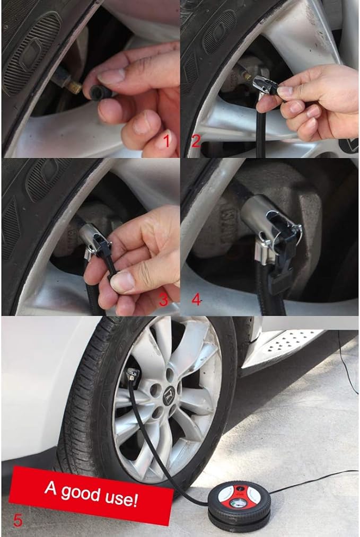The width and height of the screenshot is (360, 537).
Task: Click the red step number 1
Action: [167, 141]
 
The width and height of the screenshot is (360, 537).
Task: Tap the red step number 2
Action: [196, 141]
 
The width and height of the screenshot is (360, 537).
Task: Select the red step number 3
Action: [164, 300]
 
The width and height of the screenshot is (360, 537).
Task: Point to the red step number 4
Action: [196, 300]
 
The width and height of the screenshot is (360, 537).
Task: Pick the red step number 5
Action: [17, 520]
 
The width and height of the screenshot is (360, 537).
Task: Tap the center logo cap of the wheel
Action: [169, 395]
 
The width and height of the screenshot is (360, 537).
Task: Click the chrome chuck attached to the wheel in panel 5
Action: [133, 374]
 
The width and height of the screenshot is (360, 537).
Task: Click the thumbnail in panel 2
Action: [285, 91]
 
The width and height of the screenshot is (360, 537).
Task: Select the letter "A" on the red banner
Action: [50, 487]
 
